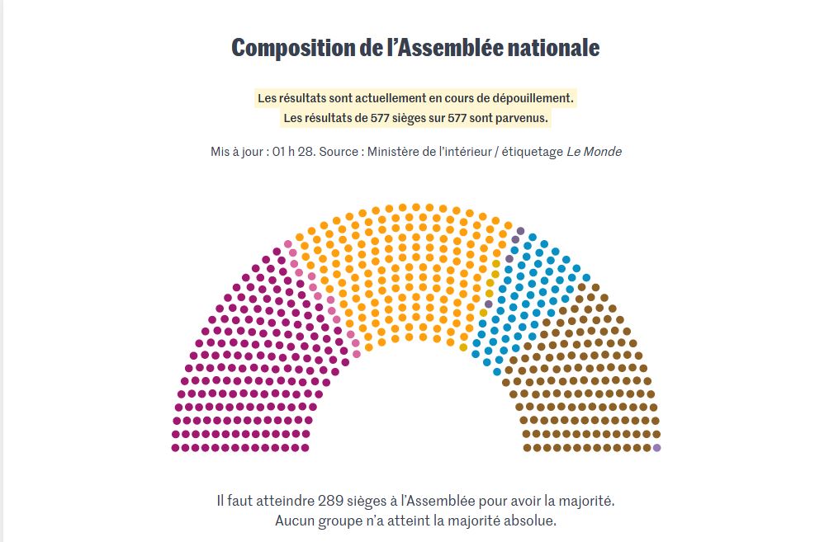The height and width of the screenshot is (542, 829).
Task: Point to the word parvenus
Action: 521,118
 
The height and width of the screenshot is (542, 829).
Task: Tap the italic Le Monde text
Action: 594,152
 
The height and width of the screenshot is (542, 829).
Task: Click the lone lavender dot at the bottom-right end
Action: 657,448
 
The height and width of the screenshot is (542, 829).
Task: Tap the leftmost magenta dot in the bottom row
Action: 175,448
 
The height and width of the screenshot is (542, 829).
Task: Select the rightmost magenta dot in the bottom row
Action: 306,448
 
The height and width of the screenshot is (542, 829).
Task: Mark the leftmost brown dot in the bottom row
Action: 527,448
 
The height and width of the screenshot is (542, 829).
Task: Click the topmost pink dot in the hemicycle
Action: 288,244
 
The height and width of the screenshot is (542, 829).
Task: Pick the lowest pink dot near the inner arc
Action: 357,353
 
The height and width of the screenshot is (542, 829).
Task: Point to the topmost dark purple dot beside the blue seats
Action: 520,231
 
